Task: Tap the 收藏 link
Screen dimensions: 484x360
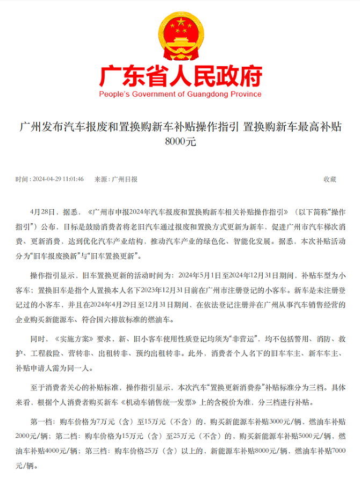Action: click(x=330, y=179)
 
